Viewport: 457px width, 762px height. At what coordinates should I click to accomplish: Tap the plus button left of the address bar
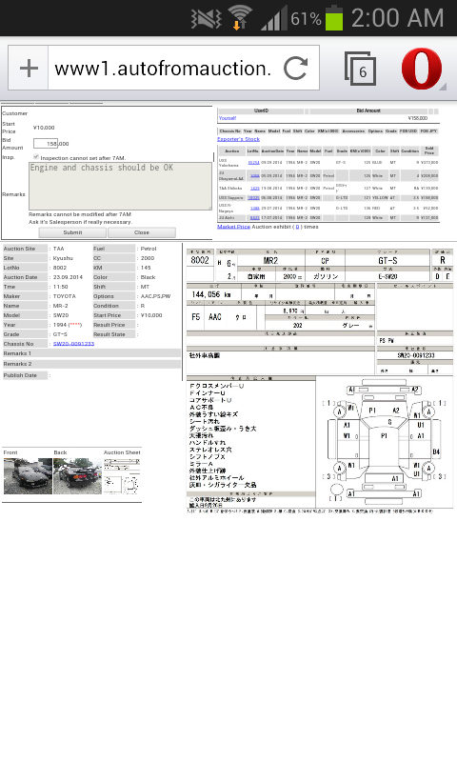(x=30, y=69)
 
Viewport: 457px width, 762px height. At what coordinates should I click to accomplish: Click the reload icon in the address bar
(x=295, y=69)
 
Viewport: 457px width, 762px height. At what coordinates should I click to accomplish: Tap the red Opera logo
(x=421, y=69)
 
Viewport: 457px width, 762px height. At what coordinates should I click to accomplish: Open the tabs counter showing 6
(x=360, y=69)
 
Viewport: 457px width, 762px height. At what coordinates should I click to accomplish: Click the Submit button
(x=72, y=232)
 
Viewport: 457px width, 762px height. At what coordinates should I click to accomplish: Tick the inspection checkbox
(x=36, y=157)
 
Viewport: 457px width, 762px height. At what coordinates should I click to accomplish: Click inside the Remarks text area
(x=120, y=185)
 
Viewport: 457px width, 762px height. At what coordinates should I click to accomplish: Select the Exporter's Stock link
(x=238, y=139)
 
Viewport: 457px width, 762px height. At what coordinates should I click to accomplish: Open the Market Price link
(x=233, y=227)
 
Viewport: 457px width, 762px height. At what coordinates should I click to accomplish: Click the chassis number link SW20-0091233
(x=73, y=344)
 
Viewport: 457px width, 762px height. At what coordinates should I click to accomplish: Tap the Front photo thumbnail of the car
(x=28, y=475)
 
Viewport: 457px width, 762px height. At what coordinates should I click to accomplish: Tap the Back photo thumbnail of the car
(x=77, y=475)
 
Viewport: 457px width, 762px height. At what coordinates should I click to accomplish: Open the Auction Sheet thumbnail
(x=122, y=475)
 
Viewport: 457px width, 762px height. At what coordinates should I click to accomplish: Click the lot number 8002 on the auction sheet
(x=200, y=260)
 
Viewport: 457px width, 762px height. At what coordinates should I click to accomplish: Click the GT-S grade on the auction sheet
(x=387, y=260)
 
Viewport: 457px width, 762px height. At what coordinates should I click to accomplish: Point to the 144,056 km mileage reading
(x=210, y=295)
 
